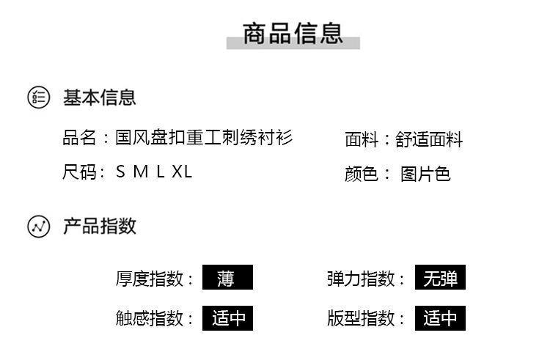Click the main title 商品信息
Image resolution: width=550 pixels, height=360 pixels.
(293, 33)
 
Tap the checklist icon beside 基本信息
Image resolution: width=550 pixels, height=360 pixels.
(39, 97)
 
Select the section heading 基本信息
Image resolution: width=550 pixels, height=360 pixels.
(99, 97)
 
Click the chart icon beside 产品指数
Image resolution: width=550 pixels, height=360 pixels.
(39, 227)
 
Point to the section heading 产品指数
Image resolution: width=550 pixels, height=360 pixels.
(99, 226)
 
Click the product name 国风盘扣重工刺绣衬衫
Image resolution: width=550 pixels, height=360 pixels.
(204, 137)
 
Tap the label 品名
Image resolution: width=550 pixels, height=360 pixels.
(79, 137)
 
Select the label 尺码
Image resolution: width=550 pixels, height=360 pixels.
(79, 172)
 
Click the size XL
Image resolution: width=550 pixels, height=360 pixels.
(182, 172)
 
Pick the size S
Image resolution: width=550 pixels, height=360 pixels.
(122, 172)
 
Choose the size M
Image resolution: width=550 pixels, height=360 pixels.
(141, 172)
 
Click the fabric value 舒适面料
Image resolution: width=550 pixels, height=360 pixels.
(430, 139)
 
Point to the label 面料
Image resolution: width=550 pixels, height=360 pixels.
(362, 139)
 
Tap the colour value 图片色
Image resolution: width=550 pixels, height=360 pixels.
(425, 174)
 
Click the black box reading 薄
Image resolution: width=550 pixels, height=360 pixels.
(227, 278)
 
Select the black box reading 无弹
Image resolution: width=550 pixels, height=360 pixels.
(440, 278)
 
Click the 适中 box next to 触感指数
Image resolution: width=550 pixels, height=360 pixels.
(227, 318)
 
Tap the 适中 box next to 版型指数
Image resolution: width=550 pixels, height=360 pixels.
(440, 318)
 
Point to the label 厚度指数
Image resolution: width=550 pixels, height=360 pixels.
(150, 279)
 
